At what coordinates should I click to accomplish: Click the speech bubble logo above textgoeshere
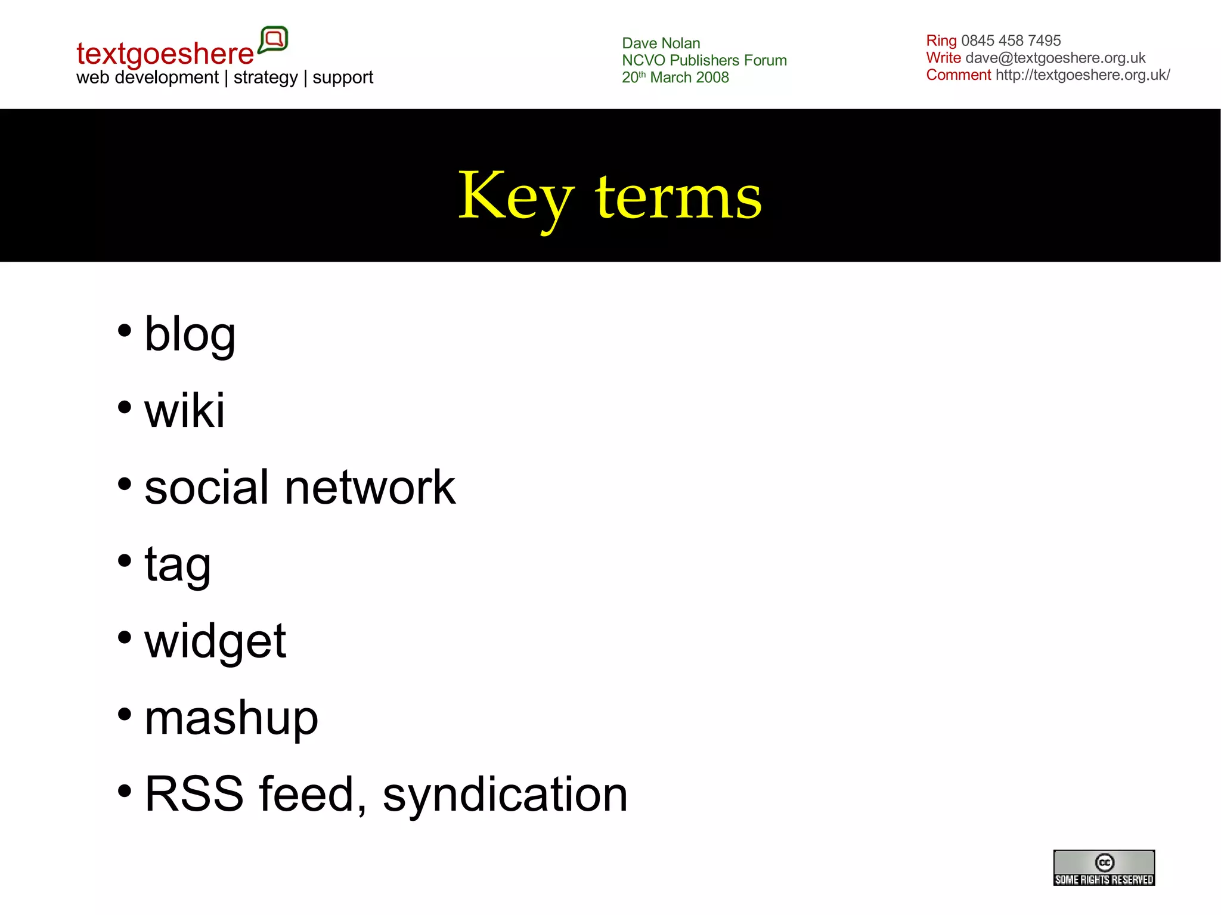click(274, 40)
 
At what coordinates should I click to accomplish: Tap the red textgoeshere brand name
click(165, 54)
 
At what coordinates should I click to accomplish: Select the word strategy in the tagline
click(265, 77)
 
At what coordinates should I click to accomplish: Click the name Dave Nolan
click(661, 44)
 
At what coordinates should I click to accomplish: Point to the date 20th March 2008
click(675, 77)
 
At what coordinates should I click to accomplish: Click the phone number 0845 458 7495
click(1011, 41)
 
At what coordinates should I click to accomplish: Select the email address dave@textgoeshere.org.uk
click(1055, 58)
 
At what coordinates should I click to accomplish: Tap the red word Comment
click(958, 75)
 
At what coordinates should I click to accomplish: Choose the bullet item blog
click(190, 334)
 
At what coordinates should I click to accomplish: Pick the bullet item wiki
click(185, 411)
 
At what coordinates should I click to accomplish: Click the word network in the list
click(370, 488)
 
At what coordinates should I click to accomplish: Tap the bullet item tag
click(178, 564)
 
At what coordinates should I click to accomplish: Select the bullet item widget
click(215, 641)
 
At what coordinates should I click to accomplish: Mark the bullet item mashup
click(231, 718)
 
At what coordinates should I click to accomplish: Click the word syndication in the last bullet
click(505, 795)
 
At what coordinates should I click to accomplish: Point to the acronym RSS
click(194, 795)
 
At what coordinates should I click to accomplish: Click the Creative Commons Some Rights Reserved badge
click(1104, 867)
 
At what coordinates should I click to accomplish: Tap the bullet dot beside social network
click(124, 484)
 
